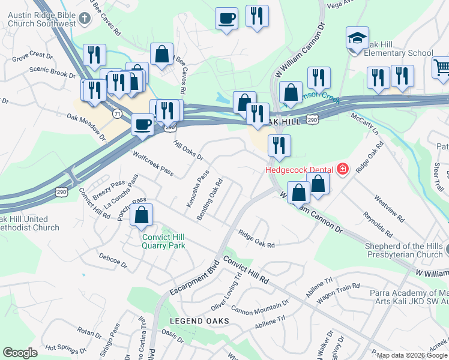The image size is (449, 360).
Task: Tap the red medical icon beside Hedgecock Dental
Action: (342, 170)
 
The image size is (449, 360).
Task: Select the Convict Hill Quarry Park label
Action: (163, 241)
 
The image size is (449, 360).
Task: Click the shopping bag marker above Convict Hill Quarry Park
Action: (141, 215)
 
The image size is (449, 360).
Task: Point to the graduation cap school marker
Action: (357, 39)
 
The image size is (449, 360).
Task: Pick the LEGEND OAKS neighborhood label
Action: (199, 321)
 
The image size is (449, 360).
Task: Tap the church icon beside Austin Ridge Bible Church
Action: (85, 19)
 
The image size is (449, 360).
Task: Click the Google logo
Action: (20, 353)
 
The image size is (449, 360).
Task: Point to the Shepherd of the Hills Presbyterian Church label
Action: (403, 250)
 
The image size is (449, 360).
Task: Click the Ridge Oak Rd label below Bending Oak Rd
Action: (256, 239)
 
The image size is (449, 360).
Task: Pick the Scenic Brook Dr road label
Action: (53, 72)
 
